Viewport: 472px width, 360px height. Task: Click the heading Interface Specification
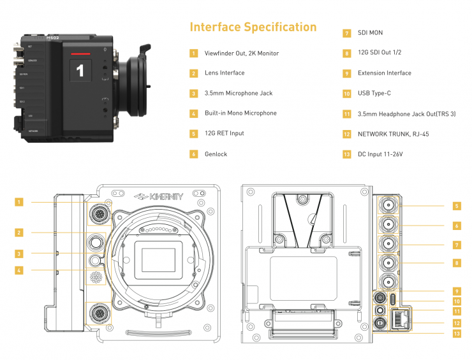(253, 27)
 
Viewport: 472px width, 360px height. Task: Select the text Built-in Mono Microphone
(240, 113)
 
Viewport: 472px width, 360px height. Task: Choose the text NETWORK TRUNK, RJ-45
(392, 134)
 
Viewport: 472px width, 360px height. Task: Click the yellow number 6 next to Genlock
(193, 154)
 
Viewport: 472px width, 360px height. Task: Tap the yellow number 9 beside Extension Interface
(347, 73)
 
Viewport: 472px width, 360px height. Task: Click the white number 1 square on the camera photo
(80, 71)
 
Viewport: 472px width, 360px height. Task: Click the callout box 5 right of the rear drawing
(457, 206)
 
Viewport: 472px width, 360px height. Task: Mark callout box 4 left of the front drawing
(19, 270)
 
